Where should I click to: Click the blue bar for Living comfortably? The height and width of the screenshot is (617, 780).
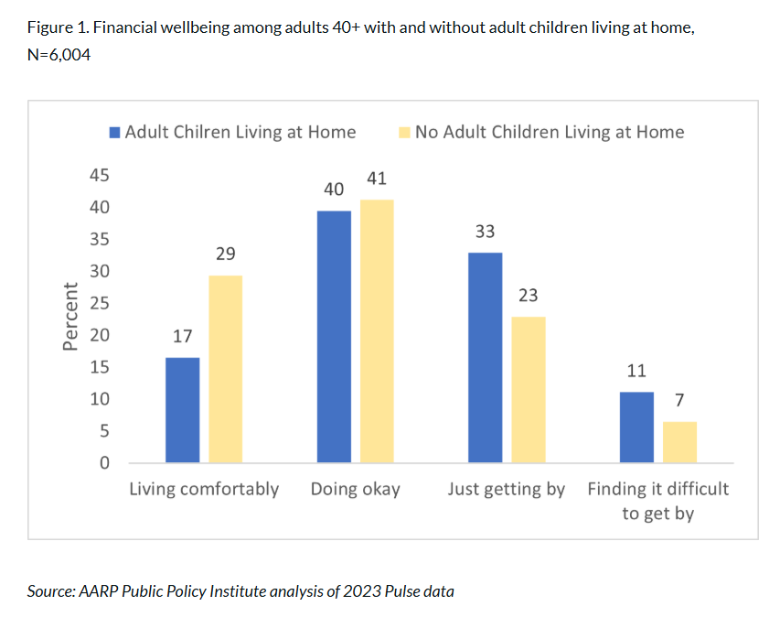click(x=182, y=409)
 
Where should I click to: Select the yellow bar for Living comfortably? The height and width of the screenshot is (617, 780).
click(x=225, y=369)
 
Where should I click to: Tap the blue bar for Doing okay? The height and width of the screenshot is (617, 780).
click(x=334, y=336)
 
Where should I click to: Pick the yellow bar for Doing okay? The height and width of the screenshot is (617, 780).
click(x=376, y=330)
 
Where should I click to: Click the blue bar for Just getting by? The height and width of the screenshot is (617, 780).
click(x=485, y=357)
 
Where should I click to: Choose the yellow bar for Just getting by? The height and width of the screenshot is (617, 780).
click(x=528, y=389)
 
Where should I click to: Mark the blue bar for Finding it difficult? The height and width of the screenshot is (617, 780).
click(x=636, y=427)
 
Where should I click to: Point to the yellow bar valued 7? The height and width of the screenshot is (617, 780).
click(x=679, y=441)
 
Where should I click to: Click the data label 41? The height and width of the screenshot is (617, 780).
click(x=376, y=179)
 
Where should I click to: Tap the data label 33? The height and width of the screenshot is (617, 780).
click(x=485, y=232)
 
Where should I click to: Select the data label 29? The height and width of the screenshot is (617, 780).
click(x=226, y=254)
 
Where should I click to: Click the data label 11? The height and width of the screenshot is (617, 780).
click(x=636, y=371)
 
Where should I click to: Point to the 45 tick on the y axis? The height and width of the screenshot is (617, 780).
click(x=98, y=176)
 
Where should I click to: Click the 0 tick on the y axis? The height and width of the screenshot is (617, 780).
click(x=104, y=463)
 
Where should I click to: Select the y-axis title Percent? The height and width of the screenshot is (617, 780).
click(x=70, y=317)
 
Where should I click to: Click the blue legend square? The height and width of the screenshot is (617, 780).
click(x=114, y=132)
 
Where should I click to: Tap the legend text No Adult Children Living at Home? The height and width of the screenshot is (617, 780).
click(x=549, y=132)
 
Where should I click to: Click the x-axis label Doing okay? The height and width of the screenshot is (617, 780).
click(x=355, y=489)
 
